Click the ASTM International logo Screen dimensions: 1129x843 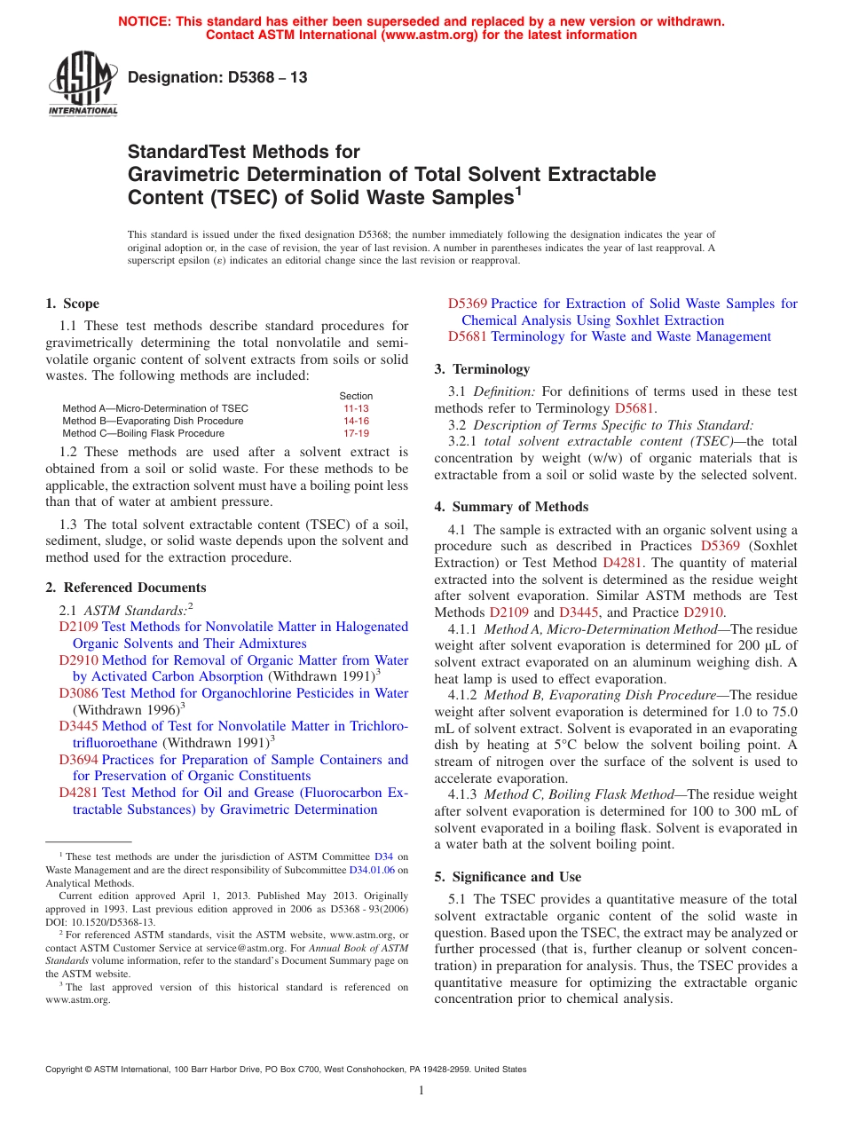pyautogui.click(x=83, y=84)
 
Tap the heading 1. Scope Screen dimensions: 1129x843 pyautogui.click(x=73, y=304)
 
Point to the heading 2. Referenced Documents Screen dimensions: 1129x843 pyautogui.click(x=126, y=588)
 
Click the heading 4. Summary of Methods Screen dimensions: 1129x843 pyautogui.click(x=511, y=507)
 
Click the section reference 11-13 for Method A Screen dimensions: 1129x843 pyautogui.click(x=356, y=408)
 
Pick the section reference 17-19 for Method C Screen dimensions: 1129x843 pyautogui.click(x=356, y=433)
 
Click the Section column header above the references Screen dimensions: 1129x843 pyautogui.click(x=356, y=396)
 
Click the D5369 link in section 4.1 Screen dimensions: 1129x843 pyautogui.click(x=720, y=547)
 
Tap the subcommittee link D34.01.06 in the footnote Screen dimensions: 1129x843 pyautogui.click(x=372, y=871)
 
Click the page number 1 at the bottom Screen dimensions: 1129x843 pyautogui.click(x=421, y=1091)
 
